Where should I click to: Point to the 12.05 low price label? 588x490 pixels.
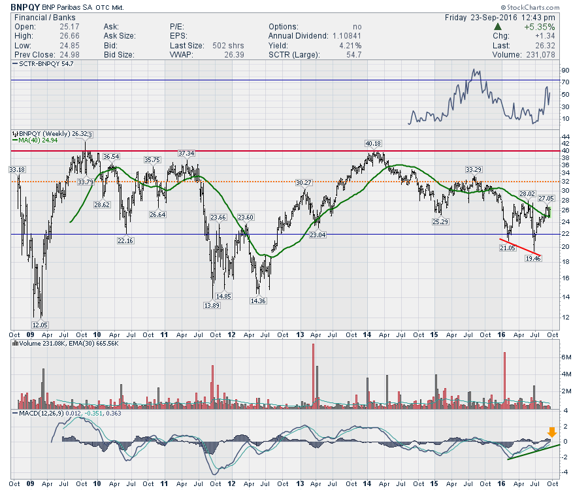coord(41,325)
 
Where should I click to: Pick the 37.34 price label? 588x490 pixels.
coord(186,153)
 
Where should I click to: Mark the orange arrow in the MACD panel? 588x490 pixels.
coord(552,432)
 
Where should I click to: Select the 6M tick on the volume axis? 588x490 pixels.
coord(566,357)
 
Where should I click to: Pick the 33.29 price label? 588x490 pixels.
coord(474,170)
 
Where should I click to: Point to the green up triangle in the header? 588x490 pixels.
coord(498,27)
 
